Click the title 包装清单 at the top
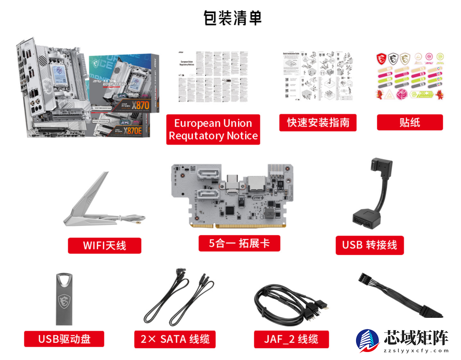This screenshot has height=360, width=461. [x=233, y=18]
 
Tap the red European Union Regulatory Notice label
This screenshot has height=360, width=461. [x=213, y=129]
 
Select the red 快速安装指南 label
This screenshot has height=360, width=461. [x=318, y=123]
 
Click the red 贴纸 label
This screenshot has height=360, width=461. [x=410, y=123]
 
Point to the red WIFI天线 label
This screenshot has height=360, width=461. [x=105, y=245]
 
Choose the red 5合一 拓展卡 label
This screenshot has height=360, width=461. [x=239, y=243]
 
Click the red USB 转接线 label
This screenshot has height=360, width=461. [x=370, y=245]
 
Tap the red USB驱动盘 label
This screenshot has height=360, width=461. [x=64, y=339]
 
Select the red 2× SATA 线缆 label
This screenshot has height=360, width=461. [x=175, y=339]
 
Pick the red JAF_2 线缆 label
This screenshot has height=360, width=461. [x=291, y=339]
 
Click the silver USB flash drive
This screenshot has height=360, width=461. [x=64, y=299]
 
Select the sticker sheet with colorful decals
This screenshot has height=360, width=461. [x=410, y=76]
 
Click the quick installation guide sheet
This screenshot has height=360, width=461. [x=317, y=76]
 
